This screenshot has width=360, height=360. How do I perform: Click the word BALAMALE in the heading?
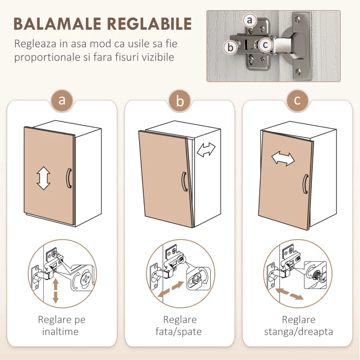[x=58, y=24]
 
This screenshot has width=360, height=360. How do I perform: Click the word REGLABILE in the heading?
[x=149, y=24]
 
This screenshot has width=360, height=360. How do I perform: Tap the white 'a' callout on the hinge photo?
[x=250, y=20]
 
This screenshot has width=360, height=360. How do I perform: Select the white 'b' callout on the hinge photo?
[x=230, y=48]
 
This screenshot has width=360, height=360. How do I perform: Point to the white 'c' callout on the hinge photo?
[x=265, y=45]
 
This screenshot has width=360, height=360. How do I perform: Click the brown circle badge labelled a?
[x=62, y=100]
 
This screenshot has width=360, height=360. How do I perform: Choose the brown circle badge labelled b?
[x=180, y=100]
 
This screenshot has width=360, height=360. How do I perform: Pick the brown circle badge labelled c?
[x=297, y=100]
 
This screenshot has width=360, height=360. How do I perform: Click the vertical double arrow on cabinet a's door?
[x=43, y=178]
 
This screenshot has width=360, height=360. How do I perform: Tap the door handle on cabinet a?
[x=69, y=179]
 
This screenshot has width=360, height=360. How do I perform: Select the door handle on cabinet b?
[x=184, y=182]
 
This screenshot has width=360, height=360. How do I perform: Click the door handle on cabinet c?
[x=306, y=184]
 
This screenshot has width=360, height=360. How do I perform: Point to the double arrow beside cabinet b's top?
[x=206, y=150]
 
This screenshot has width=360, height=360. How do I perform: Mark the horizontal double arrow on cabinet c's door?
[x=283, y=158]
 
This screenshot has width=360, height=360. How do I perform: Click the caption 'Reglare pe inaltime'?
[x=62, y=325]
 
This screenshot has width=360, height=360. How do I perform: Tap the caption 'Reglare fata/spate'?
[x=179, y=325]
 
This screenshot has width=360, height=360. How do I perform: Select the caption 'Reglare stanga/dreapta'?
[x=298, y=325]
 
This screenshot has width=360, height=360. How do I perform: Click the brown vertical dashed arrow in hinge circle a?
[x=55, y=291]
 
